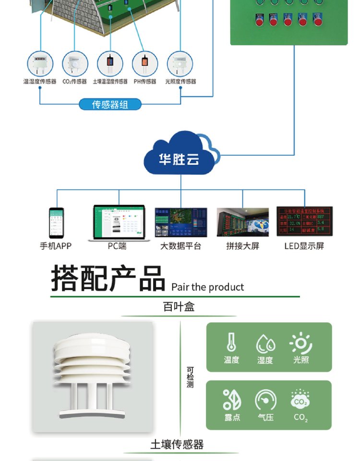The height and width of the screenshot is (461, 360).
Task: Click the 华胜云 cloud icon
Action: [180, 155]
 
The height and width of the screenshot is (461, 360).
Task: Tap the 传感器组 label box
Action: [110, 104]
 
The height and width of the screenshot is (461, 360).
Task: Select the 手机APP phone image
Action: [56, 223]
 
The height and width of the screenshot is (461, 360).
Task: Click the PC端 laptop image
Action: [119, 223]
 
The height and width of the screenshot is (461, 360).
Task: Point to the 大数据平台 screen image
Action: [181, 222]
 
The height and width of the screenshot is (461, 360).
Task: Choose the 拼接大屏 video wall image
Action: [242, 222]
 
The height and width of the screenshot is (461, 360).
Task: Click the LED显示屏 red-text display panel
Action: [304, 221]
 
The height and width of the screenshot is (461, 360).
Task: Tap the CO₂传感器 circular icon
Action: [75, 63]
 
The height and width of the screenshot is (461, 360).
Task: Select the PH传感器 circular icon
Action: [145, 63]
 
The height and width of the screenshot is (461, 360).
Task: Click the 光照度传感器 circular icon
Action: [180, 63]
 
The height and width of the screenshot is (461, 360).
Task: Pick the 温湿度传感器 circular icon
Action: [40, 63]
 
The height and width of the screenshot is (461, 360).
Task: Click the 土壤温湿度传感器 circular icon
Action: [110, 63]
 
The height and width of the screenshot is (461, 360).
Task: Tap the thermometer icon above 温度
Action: [231, 342]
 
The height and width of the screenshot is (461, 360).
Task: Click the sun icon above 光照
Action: [301, 342]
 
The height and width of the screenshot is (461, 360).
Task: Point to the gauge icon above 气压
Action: [265, 400]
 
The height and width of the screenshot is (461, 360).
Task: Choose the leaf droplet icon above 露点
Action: [232, 400]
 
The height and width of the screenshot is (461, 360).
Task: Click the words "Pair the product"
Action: [207, 287]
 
